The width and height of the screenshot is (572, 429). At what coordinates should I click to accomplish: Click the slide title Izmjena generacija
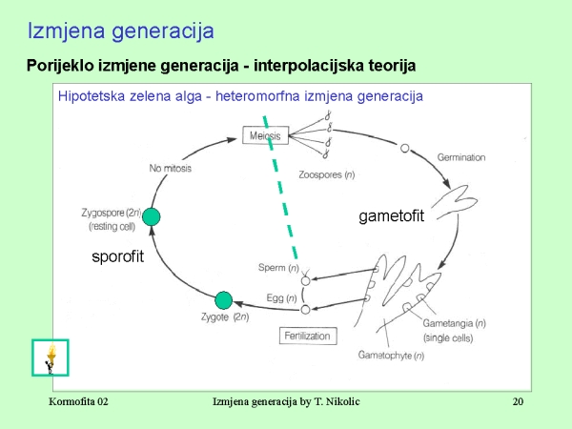pyautogui.click(x=120, y=31)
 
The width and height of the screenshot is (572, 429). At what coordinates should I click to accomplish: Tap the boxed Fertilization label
pyautogui.click(x=306, y=336)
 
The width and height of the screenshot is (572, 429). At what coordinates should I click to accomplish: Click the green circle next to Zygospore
pyautogui.click(x=150, y=217)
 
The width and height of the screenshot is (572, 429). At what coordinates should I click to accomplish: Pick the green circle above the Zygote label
pyautogui.click(x=224, y=301)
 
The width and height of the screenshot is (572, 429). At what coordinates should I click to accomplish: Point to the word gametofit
pyautogui.click(x=391, y=216)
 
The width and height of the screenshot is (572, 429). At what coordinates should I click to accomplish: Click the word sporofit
pyautogui.click(x=117, y=256)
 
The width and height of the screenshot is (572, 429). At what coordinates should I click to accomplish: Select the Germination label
pyautogui.click(x=461, y=156)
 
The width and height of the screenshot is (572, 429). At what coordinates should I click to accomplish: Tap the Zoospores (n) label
pyautogui.click(x=327, y=175)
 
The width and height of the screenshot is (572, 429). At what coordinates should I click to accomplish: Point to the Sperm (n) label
pyautogui.click(x=278, y=268)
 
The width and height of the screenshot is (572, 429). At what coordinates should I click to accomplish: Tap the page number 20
pyautogui.click(x=518, y=402)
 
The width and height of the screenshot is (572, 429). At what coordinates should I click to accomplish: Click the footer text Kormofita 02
pyautogui.click(x=78, y=402)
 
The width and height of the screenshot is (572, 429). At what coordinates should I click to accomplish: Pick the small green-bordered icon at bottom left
pyautogui.click(x=50, y=357)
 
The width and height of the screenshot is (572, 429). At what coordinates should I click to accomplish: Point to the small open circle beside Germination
pyautogui.click(x=404, y=148)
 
